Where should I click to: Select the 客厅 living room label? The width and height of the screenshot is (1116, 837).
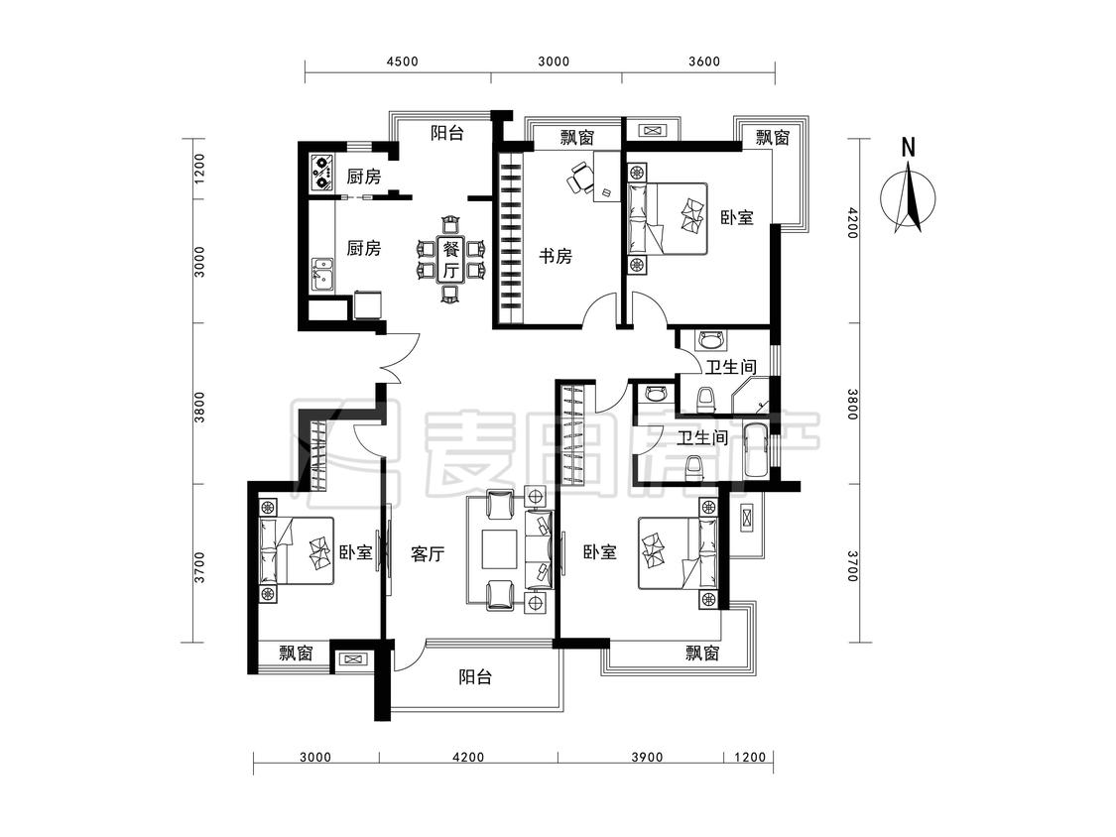[428, 554]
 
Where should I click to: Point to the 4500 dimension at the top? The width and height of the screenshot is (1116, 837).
[402, 60]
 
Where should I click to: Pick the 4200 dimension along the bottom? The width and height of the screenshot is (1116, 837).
[467, 758]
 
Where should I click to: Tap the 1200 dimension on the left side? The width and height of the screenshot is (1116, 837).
[198, 169]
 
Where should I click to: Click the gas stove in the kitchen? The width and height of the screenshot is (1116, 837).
[322, 173]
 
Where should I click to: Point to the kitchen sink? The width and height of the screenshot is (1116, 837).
[321, 274]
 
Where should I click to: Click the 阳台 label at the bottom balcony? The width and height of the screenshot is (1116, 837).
[476, 678]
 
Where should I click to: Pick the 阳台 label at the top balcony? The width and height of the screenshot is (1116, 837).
[447, 133]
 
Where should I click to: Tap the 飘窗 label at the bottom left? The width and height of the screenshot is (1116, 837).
[296, 653]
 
